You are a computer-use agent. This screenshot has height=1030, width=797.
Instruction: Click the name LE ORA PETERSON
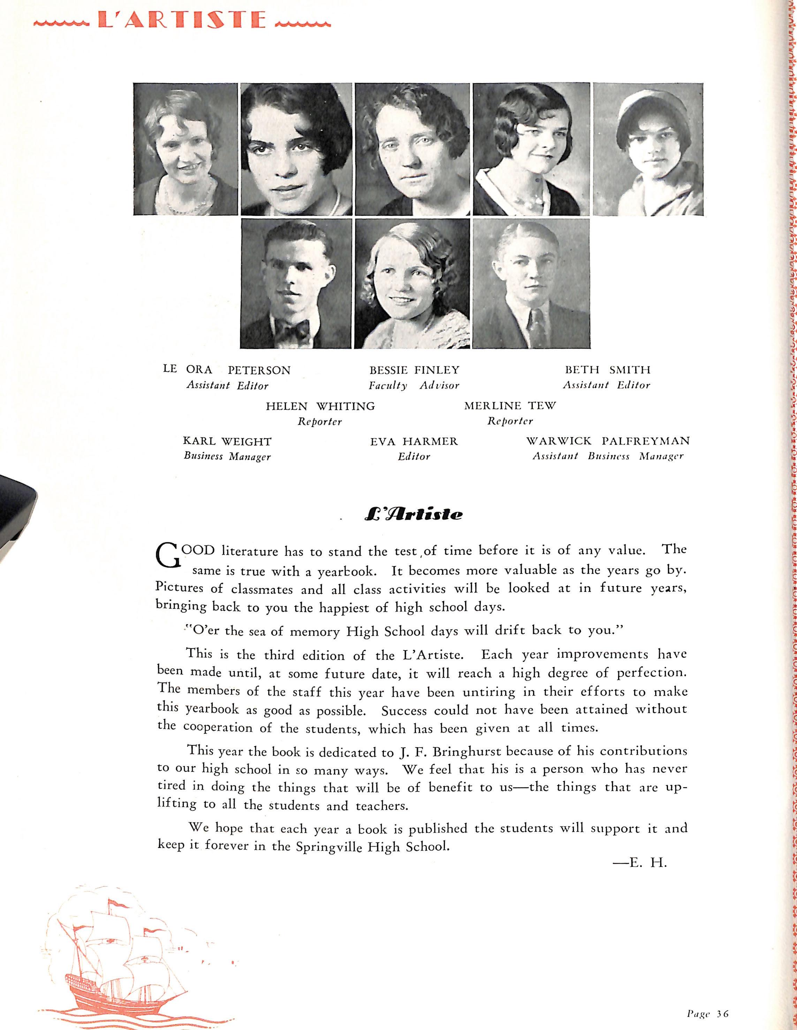pyautogui.click(x=227, y=370)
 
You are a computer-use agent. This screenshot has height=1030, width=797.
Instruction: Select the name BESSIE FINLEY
pyautogui.click(x=414, y=370)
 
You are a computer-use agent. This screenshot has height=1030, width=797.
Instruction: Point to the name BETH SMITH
pyautogui.click(x=607, y=370)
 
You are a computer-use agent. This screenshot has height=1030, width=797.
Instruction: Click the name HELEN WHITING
pyautogui.click(x=320, y=406)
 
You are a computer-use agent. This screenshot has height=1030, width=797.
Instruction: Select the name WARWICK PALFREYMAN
pyautogui.click(x=608, y=441)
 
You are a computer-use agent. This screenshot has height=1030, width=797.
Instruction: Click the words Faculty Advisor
pyautogui.click(x=413, y=385)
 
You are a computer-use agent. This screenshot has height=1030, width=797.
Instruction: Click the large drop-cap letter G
pyautogui.click(x=168, y=555)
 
